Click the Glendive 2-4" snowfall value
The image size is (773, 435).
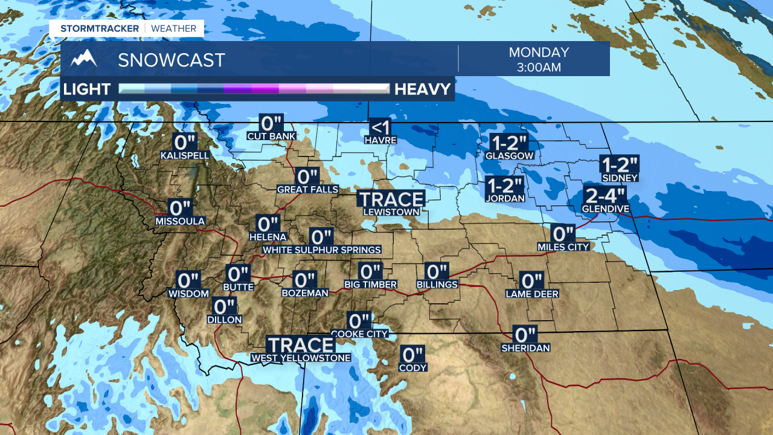point(605,196)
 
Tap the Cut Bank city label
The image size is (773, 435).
point(271,136)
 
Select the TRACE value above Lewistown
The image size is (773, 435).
point(391,199)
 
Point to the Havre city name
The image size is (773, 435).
point(380,140)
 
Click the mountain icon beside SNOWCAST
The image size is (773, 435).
point(83,59)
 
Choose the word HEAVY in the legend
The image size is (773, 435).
point(423,89)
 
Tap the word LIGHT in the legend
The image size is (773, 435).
point(87,89)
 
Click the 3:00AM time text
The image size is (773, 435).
point(539,67)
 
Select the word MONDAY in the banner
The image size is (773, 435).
point(539,53)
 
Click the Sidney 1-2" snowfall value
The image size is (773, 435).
point(620,165)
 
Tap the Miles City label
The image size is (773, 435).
point(563,247)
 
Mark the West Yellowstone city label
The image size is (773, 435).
point(301,358)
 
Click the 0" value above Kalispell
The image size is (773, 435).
point(185,143)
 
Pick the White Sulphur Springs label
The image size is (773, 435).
point(321,250)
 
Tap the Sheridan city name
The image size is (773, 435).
point(525,348)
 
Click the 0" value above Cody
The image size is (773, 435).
point(413,354)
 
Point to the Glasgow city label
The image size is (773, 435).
point(509,155)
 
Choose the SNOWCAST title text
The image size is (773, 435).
point(172,60)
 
